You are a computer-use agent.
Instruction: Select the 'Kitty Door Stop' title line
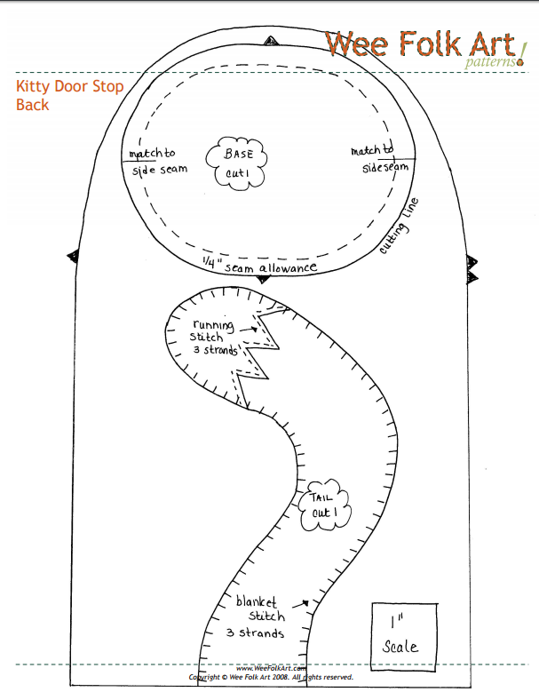pos(70,87)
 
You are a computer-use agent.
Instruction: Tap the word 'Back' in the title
pos(32,105)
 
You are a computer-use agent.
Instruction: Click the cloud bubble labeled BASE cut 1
pos(238,163)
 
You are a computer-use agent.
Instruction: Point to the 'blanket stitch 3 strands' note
pos(259,616)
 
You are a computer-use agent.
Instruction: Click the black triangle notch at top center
pos(270,41)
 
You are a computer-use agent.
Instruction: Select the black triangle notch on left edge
pos(73,257)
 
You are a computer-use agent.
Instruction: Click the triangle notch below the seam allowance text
pos(263,280)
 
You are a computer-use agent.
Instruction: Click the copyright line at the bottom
pos(271,677)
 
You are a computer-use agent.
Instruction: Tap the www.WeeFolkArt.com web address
pos(271,669)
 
